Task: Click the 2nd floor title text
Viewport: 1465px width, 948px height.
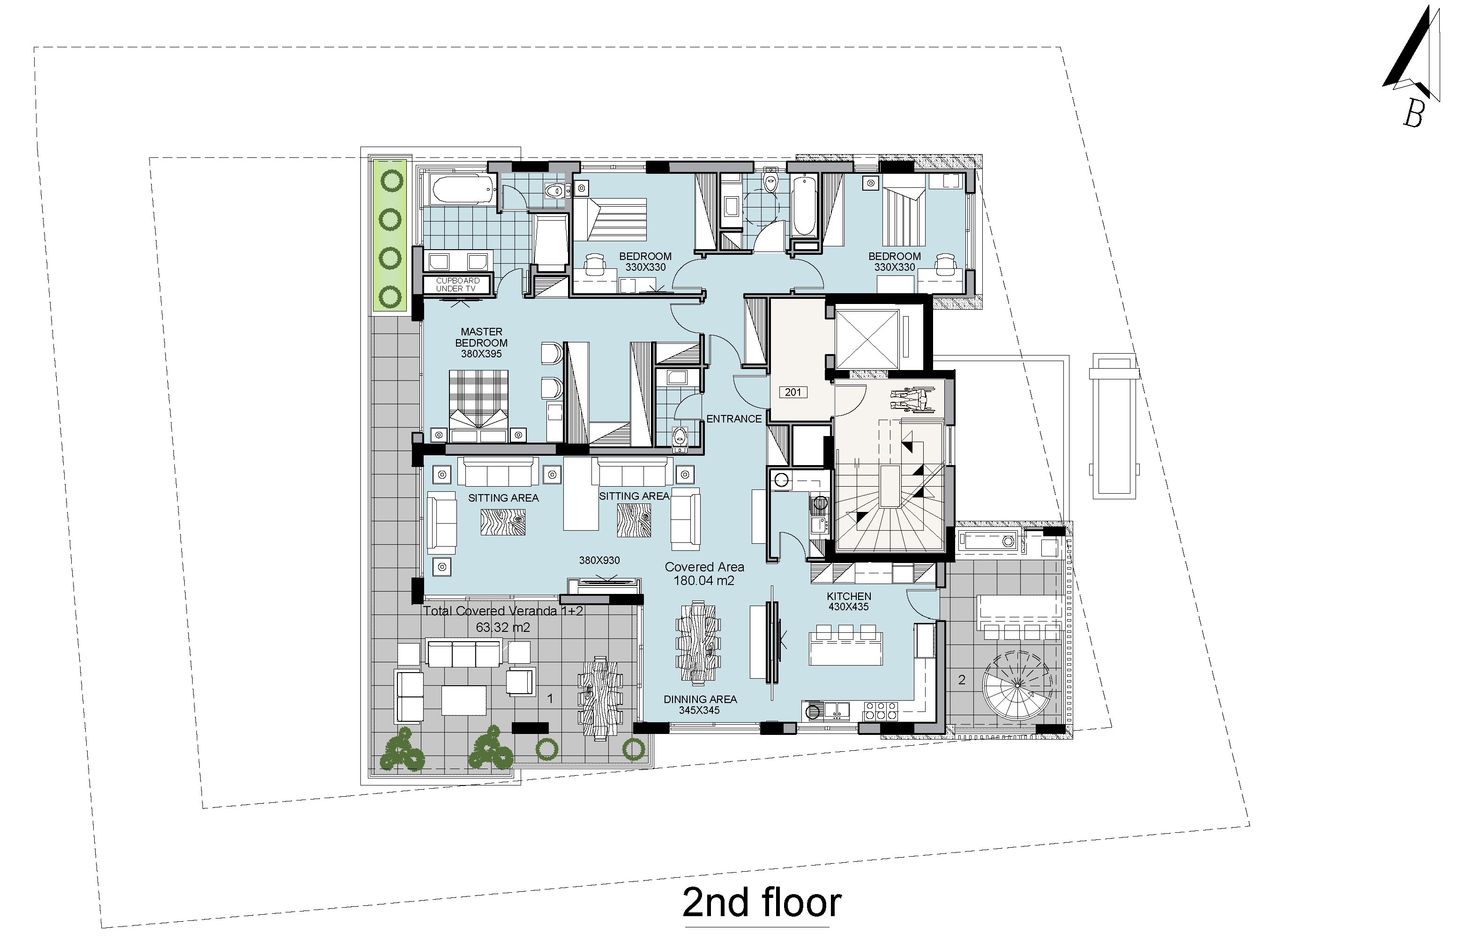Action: coord(762,903)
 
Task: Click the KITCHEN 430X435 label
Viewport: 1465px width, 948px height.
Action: coord(848,601)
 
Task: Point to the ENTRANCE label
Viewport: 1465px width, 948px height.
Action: coord(734,419)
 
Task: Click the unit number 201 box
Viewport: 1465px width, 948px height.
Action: coord(793,392)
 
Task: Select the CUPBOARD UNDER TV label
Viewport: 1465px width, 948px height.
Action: coord(458,285)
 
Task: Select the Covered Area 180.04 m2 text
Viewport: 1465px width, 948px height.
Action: coord(704,573)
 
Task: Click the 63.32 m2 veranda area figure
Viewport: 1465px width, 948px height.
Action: coord(503,628)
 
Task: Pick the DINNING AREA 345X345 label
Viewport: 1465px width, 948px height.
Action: coord(700,704)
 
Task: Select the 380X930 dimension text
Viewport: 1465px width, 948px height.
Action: coord(599,561)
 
